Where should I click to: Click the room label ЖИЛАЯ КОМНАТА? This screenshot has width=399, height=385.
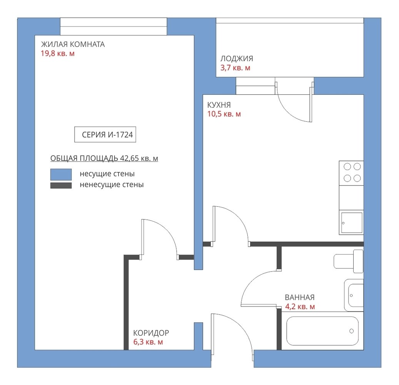point(73,44)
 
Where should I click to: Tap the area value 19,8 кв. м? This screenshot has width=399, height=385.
point(58,54)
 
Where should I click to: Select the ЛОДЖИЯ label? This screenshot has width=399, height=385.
point(237,59)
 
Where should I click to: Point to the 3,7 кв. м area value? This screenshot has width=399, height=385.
point(235,68)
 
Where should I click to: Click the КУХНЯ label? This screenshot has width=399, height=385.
point(219,105)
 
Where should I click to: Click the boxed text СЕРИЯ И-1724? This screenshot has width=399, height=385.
point(105,135)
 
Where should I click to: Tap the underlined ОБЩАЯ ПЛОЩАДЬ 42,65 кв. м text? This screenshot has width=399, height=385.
point(104,159)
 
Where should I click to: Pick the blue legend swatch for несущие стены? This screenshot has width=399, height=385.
point(61,174)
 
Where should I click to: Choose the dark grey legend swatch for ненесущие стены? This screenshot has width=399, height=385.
point(61,185)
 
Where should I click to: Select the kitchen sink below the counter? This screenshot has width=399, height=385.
point(352,223)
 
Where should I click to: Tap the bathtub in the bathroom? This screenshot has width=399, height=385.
point(322,331)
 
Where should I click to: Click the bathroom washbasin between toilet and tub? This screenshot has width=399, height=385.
point(354,295)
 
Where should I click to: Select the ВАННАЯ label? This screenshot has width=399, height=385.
point(300,297)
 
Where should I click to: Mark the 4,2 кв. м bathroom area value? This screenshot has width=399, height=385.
point(300,307)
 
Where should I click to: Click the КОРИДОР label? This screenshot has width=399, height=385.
point(151,333)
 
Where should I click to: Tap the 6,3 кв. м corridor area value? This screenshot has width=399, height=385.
point(148,342)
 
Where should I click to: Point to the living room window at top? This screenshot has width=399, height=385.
point(114,27)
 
